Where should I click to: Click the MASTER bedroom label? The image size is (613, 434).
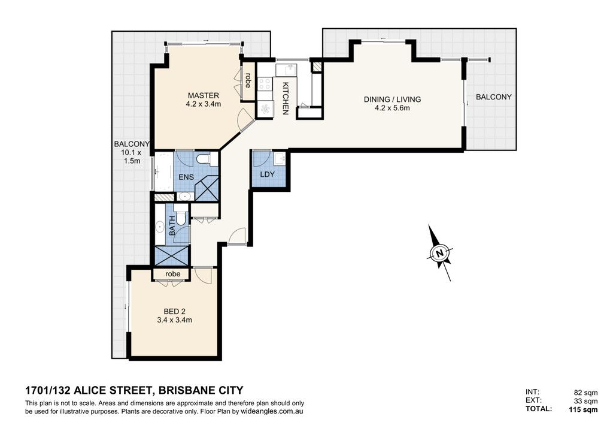(204, 95)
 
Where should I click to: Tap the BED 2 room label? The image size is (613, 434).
(174, 312)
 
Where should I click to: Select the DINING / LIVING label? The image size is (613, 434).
(392, 100)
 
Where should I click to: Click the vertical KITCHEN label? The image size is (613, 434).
(286, 98)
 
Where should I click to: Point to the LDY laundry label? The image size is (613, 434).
(267, 174)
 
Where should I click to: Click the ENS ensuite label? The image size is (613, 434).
(186, 177)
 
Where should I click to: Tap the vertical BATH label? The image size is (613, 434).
(172, 226)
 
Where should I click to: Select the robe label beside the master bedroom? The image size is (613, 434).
(248, 80)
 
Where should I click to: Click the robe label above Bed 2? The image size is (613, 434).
(173, 274)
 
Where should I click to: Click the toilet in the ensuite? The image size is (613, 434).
(207, 159)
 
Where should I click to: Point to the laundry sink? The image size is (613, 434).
(280, 159)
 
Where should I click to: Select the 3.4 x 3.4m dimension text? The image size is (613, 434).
(174, 320)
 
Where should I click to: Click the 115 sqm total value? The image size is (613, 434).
(583, 409)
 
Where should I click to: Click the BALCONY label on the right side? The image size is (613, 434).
(493, 97)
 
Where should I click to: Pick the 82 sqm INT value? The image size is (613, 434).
(585, 393)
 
